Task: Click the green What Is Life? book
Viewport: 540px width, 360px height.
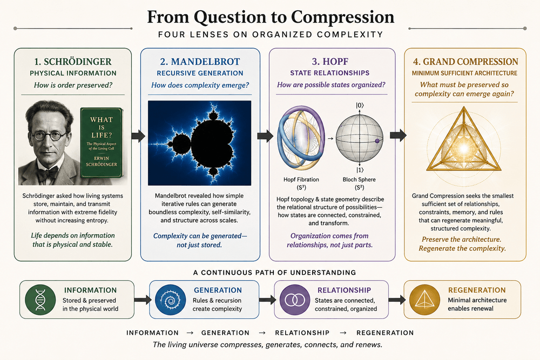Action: tap(102, 143)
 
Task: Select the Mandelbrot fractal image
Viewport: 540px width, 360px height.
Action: tap(199, 143)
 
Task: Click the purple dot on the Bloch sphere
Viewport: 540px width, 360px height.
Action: tap(377, 141)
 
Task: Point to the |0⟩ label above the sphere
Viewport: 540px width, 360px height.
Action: tap(360, 105)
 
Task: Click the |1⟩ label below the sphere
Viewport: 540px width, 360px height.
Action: tap(360, 170)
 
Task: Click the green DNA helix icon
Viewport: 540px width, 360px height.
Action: tap(40, 300)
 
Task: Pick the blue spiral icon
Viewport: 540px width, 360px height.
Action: tap(170, 300)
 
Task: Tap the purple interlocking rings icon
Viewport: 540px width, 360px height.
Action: tap(295, 300)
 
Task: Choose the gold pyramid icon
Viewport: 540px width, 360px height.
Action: tap(424, 300)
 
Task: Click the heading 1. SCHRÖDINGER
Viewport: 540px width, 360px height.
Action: tap(73, 62)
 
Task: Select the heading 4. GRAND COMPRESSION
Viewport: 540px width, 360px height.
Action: tap(465, 62)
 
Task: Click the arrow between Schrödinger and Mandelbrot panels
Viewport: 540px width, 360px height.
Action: tap(138, 136)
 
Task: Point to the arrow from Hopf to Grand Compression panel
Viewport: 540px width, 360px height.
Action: tap(398, 135)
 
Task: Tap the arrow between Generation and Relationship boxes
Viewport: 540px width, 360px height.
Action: tap(267, 300)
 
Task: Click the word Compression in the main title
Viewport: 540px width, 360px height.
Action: tap(342, 17)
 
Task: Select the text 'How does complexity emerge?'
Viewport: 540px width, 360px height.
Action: tap(200, 85)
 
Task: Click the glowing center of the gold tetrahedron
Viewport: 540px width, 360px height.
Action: tap(464, 148)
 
